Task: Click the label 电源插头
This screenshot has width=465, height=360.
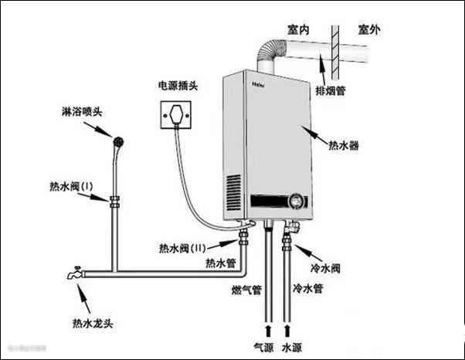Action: coord(178,85)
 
